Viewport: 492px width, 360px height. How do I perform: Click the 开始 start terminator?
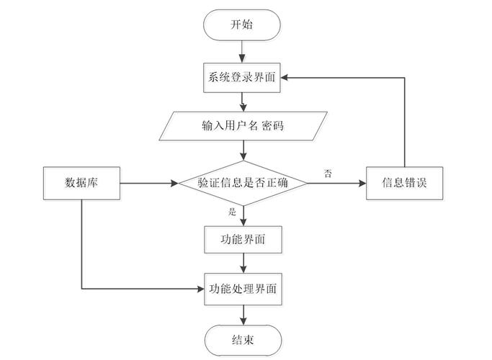pyautogui.click(x=243, y=25)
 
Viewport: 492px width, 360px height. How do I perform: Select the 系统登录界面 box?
pyautogui.click(x=243, y=78)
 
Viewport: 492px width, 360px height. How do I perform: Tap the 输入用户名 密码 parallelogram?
pyautogui.click(x=243, y=125)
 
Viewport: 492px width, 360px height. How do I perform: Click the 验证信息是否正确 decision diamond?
pyautogui.click(x=243, y=183)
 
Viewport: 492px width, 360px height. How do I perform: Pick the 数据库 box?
pyautogui.click(x=81, y=183)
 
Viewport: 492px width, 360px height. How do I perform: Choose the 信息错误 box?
pyautogui.click(x=403, y=183)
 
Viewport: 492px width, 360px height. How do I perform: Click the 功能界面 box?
pyautogui.click(x=243, y=240)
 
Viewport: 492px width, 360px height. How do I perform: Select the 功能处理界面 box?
pyautogui.click(x=243, y=289)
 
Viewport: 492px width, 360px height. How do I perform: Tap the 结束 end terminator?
pyautogui.click(x=243, y=339)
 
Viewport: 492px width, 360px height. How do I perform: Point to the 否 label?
pyautogui.click(x=328, y=174)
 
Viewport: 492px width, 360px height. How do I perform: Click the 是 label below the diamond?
pyautogui.click(x=232, y=212)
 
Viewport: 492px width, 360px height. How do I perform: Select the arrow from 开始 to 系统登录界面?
pyautogui.click(x=243, y=52)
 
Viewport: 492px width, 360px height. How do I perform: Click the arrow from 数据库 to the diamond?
pyautogui.click(x=148, y=183)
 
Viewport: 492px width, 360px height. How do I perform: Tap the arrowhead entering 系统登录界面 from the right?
pyautogui.click(x=286, y=78)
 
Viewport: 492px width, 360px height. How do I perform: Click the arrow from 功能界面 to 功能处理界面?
pyautogui.click(x=243, y=264)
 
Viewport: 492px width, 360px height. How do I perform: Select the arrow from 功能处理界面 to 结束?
pyautogui.click(x=243, y=314)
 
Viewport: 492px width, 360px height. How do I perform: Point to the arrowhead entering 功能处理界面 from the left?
pyautogui.click(x=200, y=289)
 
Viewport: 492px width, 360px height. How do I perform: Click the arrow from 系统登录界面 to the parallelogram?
pyautogui.click(x=243, y=102)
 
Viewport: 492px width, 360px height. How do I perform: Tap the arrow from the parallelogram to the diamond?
pyautogui.click(x=243, y=149)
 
